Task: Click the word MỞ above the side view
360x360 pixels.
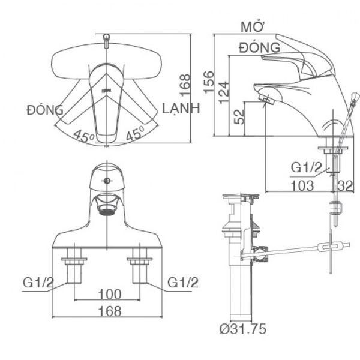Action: pos(253,28)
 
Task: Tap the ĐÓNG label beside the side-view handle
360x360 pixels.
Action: pos(259,47)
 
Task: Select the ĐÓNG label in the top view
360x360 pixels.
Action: pos(45,110)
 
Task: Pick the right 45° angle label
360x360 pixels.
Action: pos(136,136)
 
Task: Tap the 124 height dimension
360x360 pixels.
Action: pos(223,94)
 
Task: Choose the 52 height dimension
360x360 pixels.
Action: pos(239,116)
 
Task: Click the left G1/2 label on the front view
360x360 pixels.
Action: pos(39,281)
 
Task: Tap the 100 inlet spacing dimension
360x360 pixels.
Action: pos(109,293)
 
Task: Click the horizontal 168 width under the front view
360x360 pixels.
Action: pos(109,311)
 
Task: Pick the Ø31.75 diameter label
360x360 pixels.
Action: pos(242,329)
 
